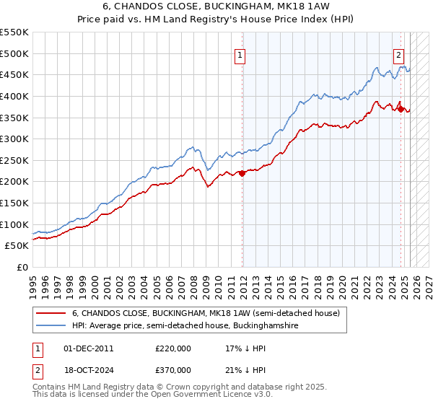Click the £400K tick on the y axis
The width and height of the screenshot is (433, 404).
click(14, 96)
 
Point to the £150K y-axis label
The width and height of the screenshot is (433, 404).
click(14, 203)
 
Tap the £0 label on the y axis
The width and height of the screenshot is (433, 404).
click(22, 267)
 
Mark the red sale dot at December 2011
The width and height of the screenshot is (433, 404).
click(242, 173)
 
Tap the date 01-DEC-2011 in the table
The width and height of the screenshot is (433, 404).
click(89, 348)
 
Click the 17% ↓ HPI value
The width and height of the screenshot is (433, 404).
click(245, 348)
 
